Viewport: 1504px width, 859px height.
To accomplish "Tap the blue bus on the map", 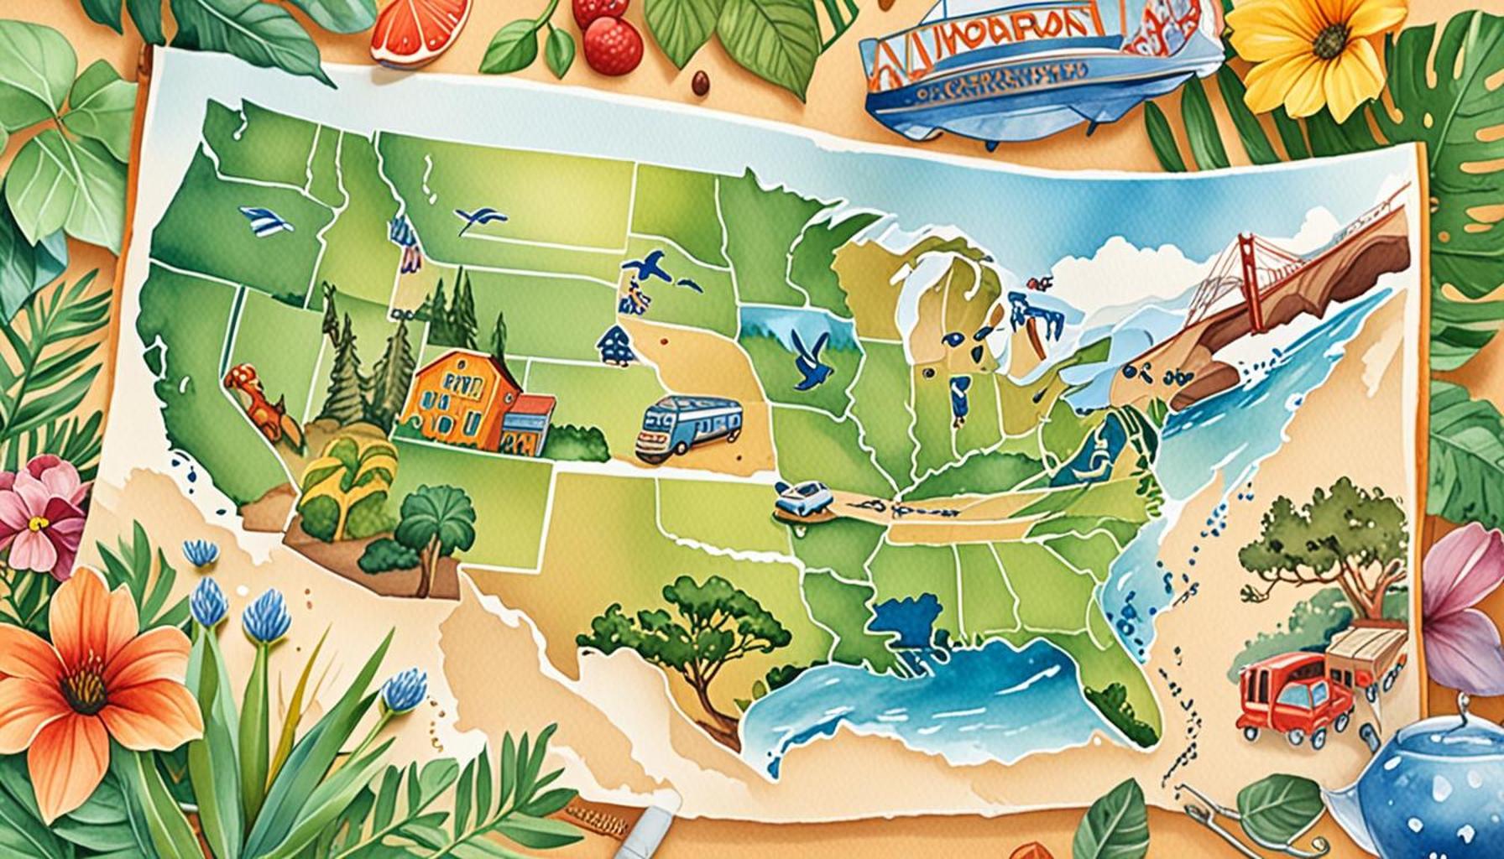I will click(689, 428).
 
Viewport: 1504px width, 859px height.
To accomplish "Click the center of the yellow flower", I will click(1326, 42).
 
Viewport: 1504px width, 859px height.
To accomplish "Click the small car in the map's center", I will click(802, 499).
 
